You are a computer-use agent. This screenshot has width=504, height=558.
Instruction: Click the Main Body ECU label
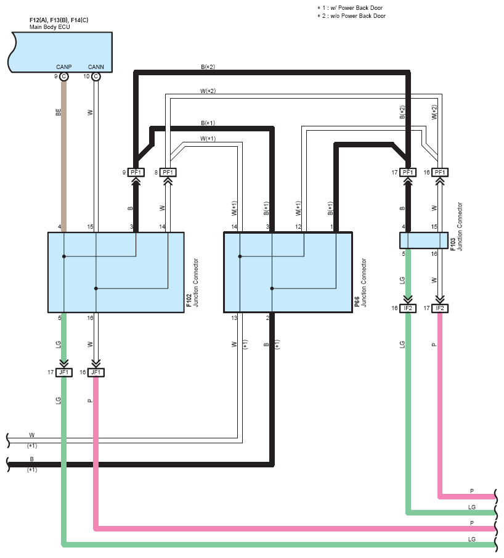(49, 27)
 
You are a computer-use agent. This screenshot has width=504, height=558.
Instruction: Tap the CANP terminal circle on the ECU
(64, 76)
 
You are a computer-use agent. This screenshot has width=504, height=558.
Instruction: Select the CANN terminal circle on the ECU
(96, 76)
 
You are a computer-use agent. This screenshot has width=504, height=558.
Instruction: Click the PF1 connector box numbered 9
(136, 173)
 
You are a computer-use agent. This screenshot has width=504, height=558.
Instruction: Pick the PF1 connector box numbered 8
(168, 173)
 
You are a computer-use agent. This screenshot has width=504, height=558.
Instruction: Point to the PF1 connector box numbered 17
(408, 173)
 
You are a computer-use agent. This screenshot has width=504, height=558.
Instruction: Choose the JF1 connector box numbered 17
(64, 372)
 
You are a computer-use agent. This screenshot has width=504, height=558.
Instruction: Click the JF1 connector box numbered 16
(96, 372)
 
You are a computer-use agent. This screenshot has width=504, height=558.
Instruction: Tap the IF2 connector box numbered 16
(408, 308)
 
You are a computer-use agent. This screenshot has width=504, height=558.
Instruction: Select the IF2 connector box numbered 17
(440, 308)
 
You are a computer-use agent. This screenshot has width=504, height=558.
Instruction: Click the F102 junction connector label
(192, 283)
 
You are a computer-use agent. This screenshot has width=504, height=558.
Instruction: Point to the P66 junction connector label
(360, 283)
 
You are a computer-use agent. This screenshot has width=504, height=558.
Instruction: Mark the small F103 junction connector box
(424, 240)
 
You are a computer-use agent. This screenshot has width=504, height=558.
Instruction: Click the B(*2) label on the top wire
(208, 67)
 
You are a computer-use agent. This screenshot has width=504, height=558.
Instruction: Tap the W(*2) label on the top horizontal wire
(208, 91)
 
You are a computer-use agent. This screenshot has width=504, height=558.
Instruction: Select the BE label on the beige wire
(59, 112)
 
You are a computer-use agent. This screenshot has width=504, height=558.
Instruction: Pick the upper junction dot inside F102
(64, 256)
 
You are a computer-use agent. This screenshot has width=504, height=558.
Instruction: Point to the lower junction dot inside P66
(272, 289)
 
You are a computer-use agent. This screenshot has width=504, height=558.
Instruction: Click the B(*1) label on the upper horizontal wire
(208, 123)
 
